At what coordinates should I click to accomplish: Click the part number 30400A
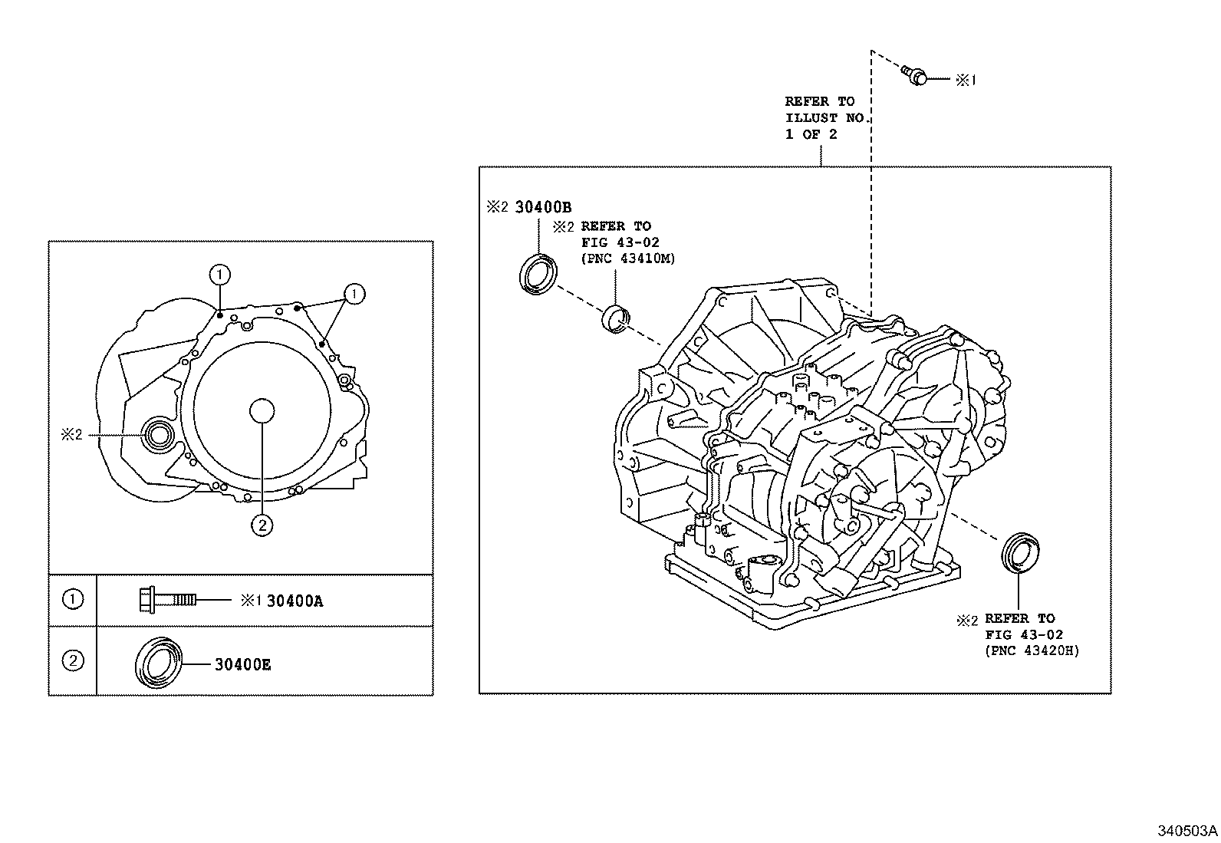(x=295, y=601)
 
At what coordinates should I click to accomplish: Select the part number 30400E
(x=242, y=664)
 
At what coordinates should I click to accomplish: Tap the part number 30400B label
(x=543, y=207)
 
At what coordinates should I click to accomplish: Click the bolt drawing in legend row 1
(x=166, y=599)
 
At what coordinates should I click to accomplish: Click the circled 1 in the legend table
(x=72, y=599)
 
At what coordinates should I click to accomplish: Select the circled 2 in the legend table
(x=72, y=660)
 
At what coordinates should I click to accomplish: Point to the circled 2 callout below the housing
(x=262, y=525)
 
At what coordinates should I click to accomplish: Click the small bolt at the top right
(x=915, y=75)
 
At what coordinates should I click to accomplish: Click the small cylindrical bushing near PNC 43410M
(x=615, y=318)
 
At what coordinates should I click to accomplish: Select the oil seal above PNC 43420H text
(x=1019, y=552)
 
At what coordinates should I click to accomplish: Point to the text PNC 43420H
(x=1032, y=651)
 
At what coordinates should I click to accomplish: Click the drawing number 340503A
(x=1187, y=831)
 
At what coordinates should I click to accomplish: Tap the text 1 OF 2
(x=811, y=134)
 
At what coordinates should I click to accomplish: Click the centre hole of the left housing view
(x=262, y=411)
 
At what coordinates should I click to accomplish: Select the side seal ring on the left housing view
(x=160, y=436)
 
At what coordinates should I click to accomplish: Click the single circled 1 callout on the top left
(x=219, y=275)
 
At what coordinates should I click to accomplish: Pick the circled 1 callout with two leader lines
(x=354, y=293)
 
